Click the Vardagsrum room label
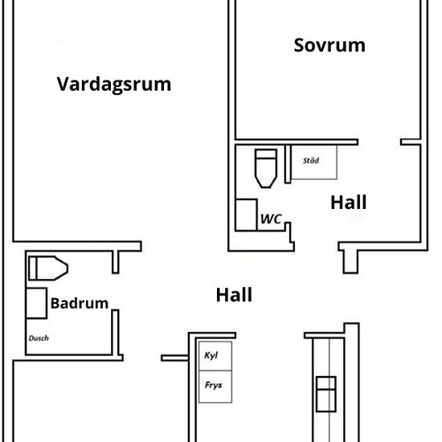114,84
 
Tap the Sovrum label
329,45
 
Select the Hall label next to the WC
348,202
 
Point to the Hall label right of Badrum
234,295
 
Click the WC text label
269,219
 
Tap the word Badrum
79,303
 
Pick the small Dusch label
39,338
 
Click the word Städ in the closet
310,161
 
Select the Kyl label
212,354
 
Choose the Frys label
213,385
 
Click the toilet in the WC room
265,167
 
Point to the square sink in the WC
246,215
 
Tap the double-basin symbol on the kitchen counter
325,393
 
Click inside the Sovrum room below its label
329,96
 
